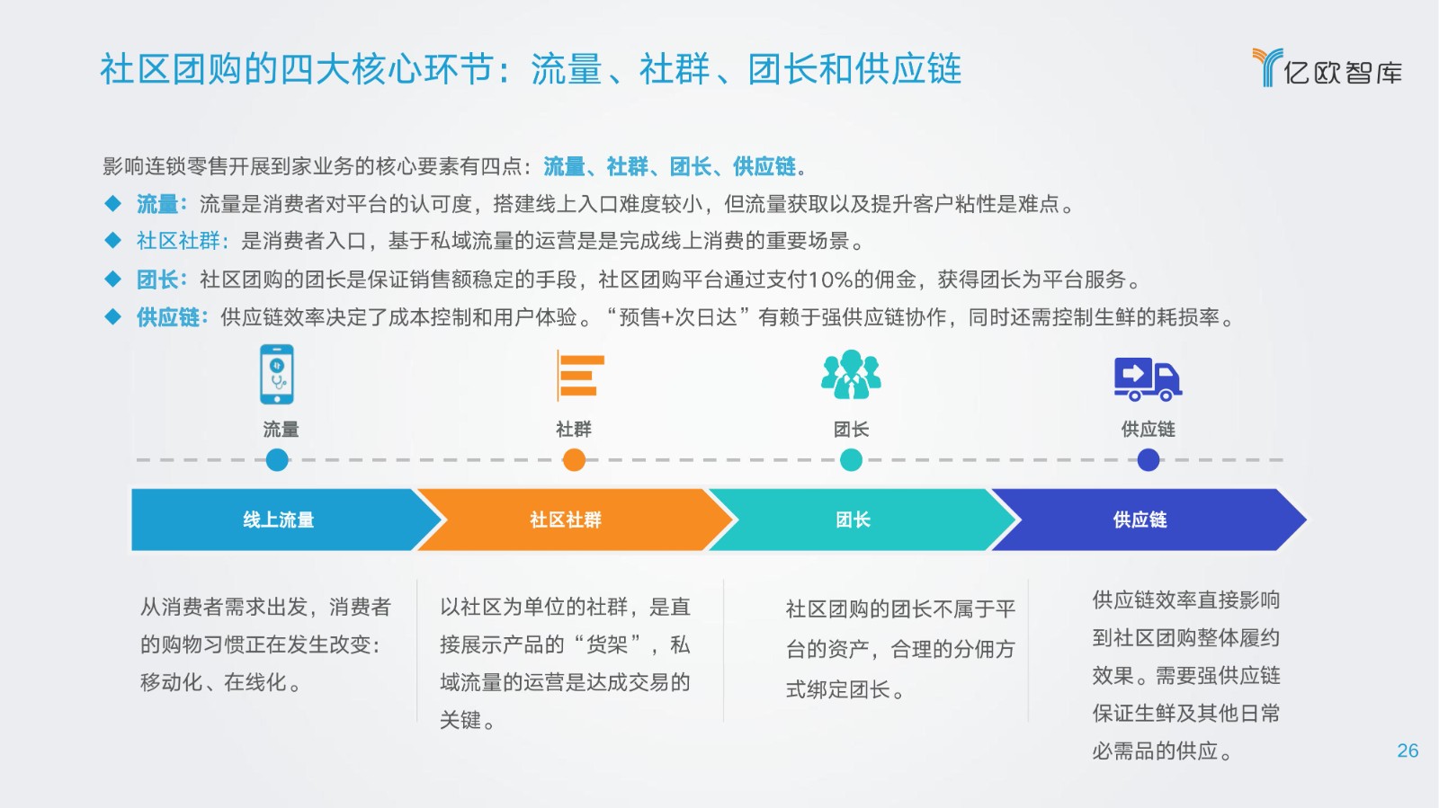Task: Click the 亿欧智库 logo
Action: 1327,67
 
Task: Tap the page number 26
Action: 1408,750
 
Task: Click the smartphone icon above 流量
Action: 277,375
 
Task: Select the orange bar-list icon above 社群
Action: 580,376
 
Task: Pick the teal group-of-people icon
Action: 851,374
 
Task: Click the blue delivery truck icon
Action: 1148,379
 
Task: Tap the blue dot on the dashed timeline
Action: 277,460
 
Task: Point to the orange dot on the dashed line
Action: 574,460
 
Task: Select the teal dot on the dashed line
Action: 851,460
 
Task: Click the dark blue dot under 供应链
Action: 1148,460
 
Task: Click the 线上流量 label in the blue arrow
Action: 278,519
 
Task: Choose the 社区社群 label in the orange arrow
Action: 566,519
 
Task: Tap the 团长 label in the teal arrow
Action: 853,519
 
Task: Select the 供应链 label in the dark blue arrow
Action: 1140,519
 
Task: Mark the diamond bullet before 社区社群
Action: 113,241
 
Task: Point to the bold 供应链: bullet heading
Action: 172,317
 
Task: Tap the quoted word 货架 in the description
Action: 607,644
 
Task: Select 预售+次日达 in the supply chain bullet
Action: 678,317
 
